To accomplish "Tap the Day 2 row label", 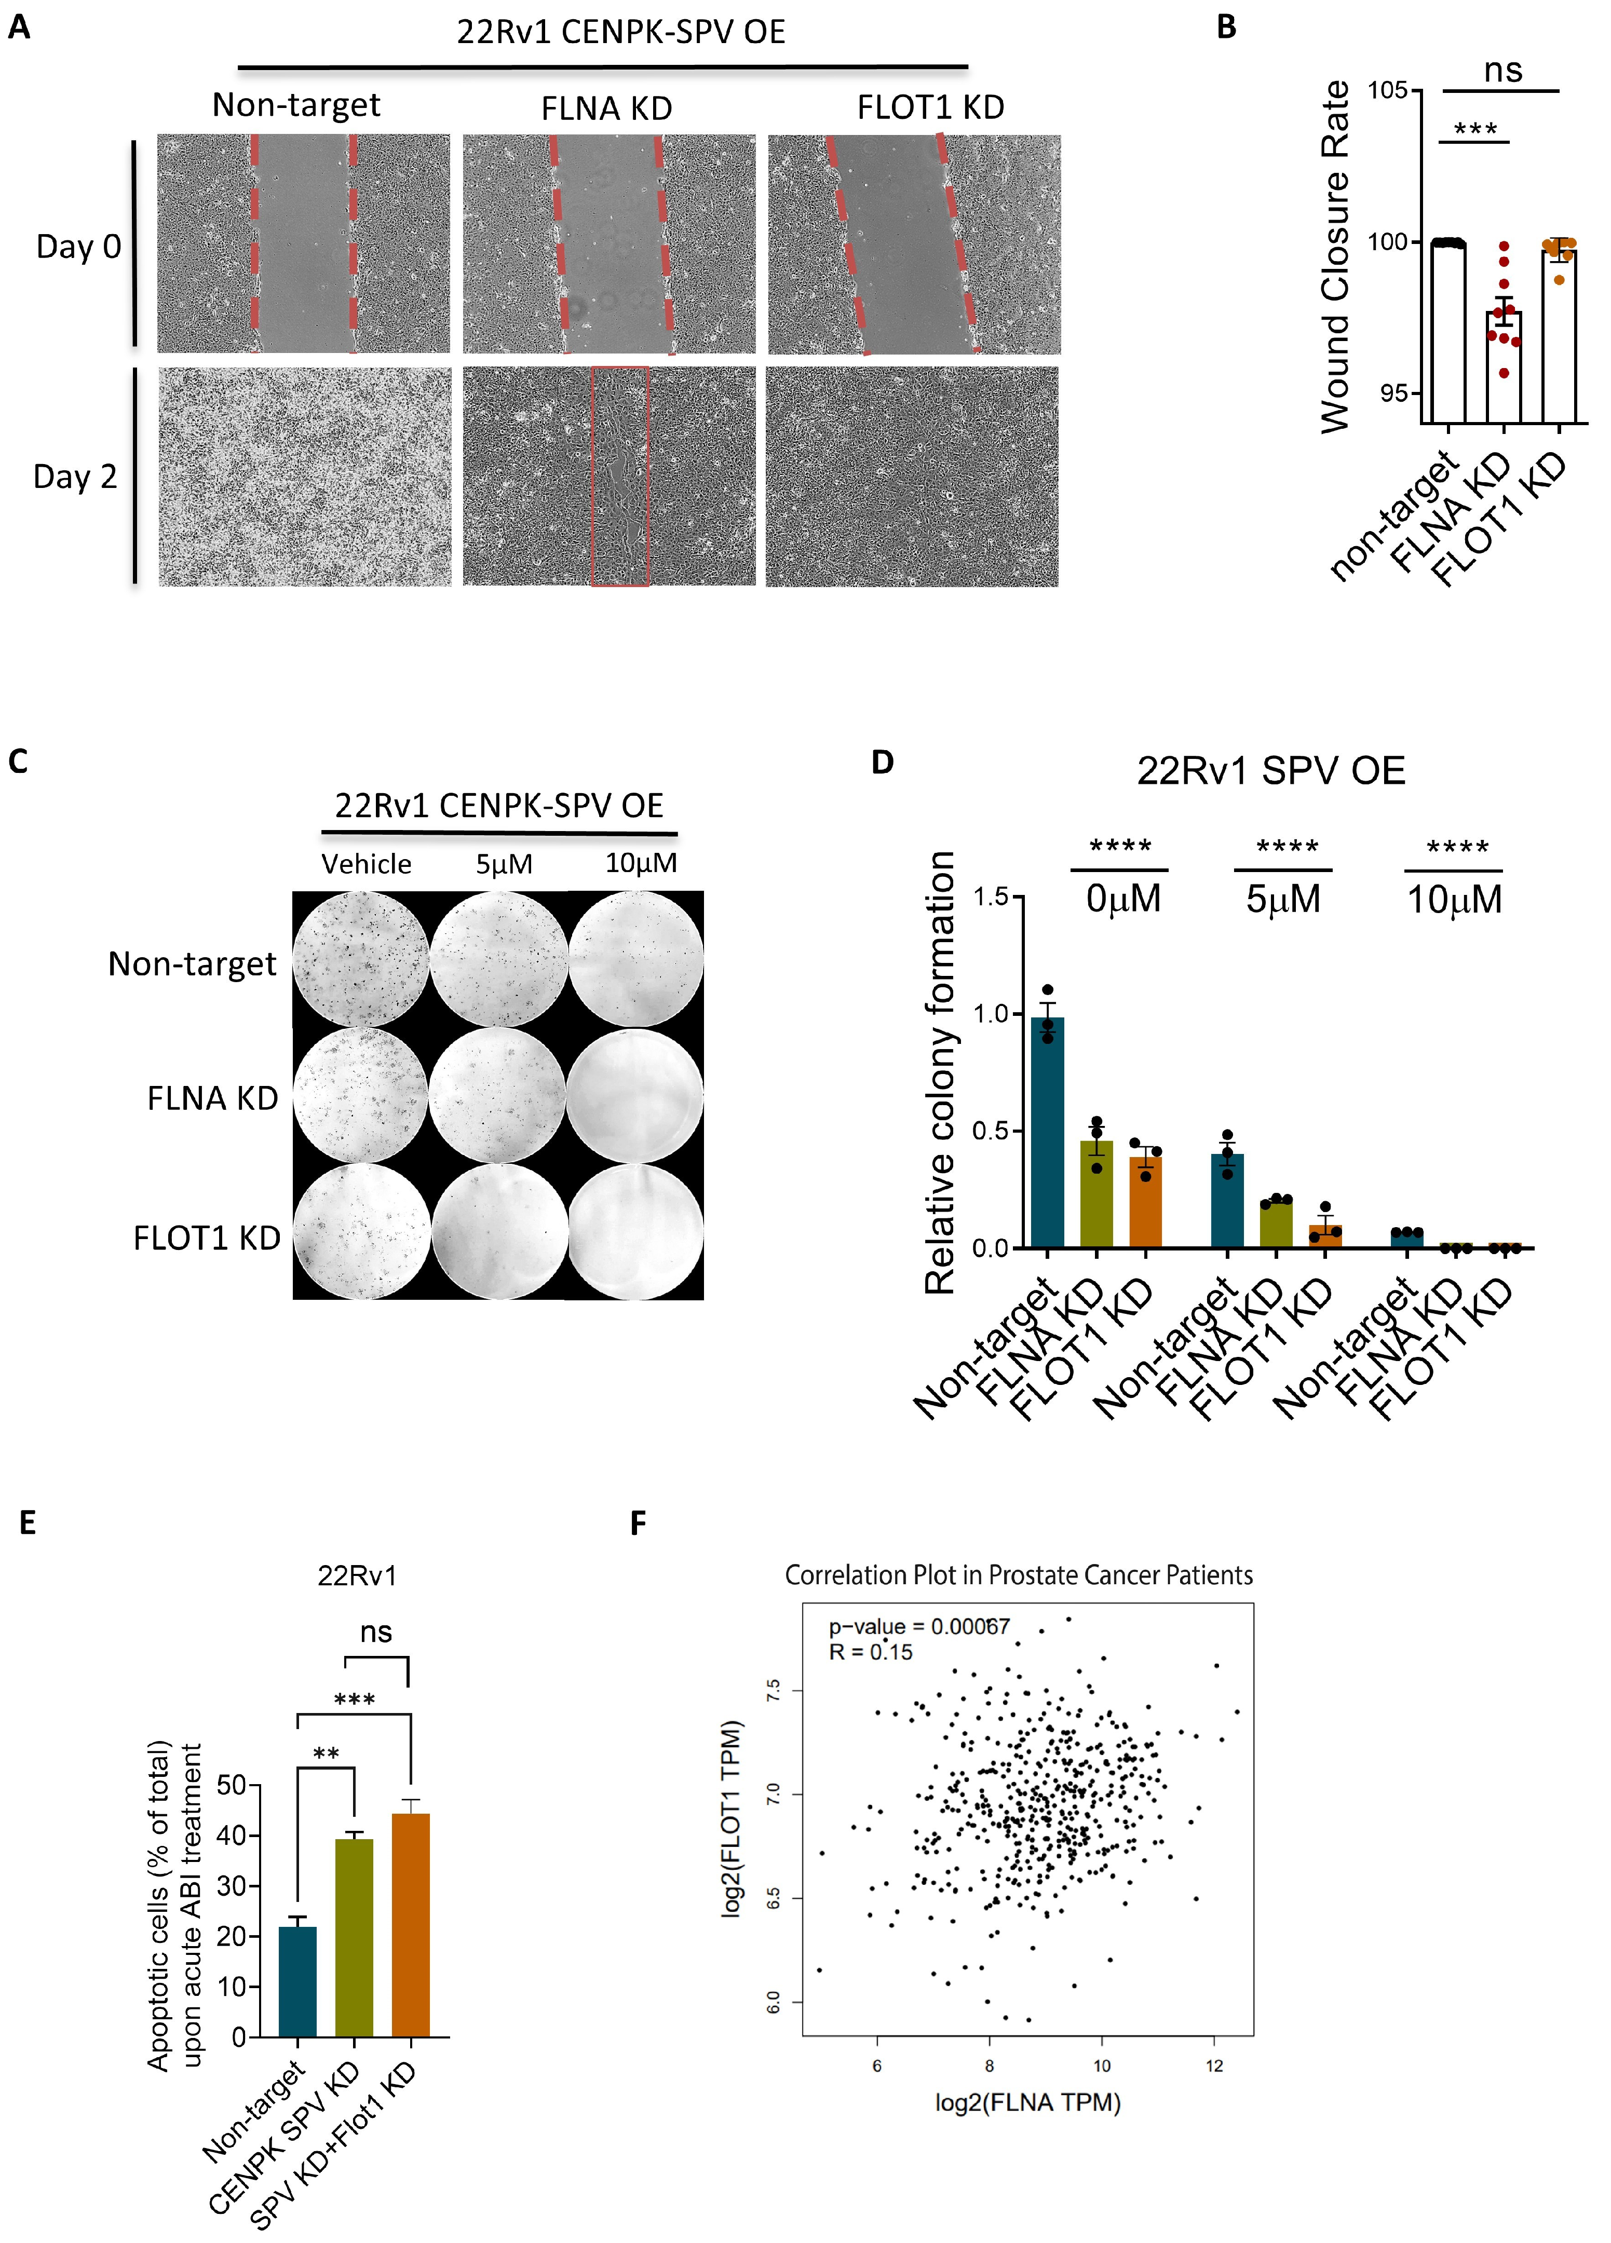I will [75, 477].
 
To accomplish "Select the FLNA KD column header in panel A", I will [606, 108].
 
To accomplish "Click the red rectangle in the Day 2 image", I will [620, 477].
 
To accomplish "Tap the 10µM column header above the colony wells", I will [641, 863].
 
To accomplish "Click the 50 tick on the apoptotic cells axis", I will [232, 1785].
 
